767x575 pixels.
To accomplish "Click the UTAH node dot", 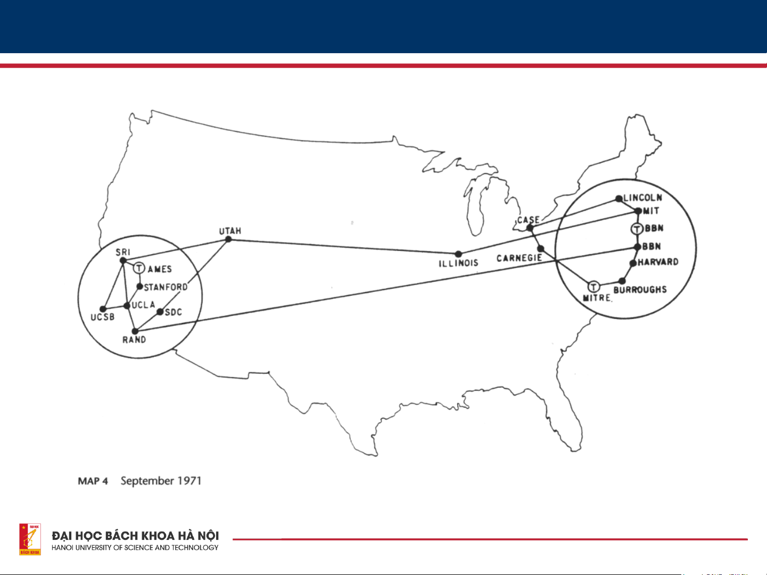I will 228,239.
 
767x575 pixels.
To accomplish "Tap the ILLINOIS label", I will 458,263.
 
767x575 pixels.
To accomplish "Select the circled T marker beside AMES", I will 139,268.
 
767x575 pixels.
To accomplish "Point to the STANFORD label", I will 166,287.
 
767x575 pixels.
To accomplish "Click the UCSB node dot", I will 103,309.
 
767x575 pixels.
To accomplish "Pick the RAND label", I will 134,340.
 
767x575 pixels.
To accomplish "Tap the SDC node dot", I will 160,312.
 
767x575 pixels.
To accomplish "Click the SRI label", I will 123,252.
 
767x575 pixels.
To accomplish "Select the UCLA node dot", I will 127,306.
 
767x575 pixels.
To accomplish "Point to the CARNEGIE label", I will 519,259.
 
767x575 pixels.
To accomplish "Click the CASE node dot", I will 530,228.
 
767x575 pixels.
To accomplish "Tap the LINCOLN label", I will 643,198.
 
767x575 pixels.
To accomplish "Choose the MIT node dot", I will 638,211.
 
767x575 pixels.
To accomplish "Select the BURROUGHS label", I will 640,290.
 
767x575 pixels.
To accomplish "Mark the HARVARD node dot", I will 633,263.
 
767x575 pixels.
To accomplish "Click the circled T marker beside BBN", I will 637,229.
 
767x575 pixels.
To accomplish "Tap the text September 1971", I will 161,481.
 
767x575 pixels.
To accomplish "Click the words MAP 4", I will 93,481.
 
